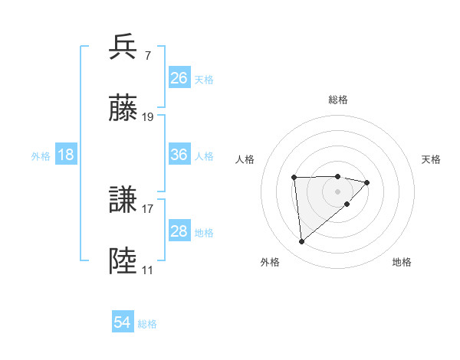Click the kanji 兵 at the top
pyautogui.click(x=123, y=47)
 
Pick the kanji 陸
pyautogui.click(x=123, y=261)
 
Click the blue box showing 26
pyautogui.click(x=179, y=78)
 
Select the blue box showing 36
pyautogui.click(x=179, y=155)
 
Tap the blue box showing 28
pyautogui.click(x=179, y=231)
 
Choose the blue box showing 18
pyautogui.click(x=66, y=155)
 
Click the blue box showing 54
pyautogui.click(x=123, y=322)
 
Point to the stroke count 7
pyautogui.click(x=147, y=56)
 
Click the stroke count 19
pyautogui.click(x=148, y=117)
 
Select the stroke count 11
pyautogui.click(x=147, y=270)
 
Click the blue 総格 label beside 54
pyautogui.click(x=147, y=324)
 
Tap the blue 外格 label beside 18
pyautogui.click(x=41, y=156)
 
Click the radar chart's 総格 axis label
pyautogui.click(x=338, y=100)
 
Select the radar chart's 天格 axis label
pyautogui.click(x=432, y=159)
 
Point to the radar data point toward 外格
pyautogui.click(x=302, y=241)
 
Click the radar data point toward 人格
pyautogui.click(x=294, y=178)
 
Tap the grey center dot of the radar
pyautogui.click(x=338, y=191)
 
